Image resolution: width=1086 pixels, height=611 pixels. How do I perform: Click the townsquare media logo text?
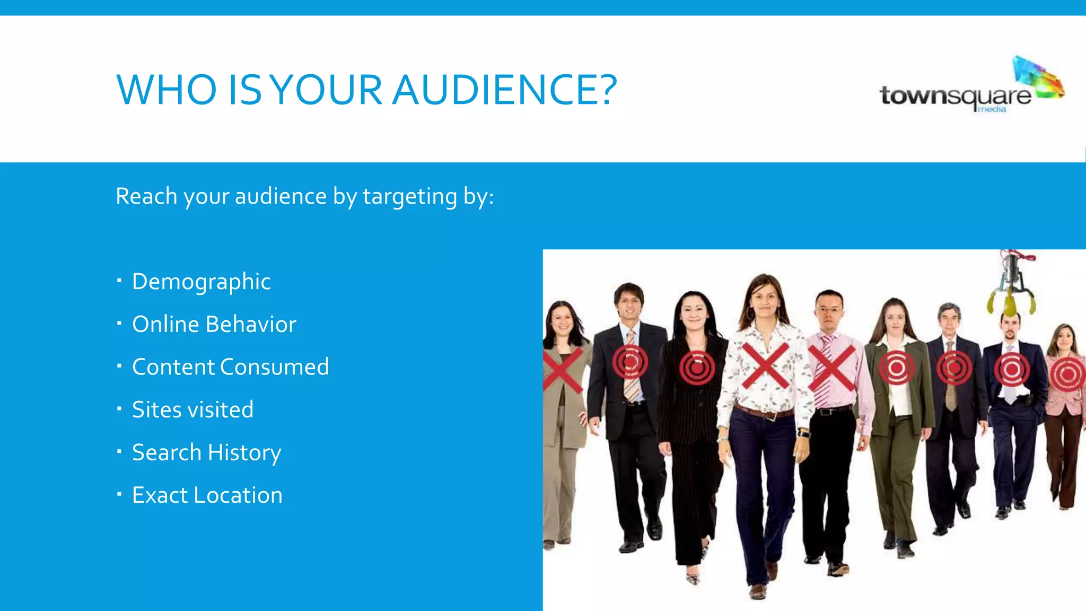955,97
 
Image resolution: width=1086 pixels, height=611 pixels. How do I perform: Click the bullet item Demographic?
201,282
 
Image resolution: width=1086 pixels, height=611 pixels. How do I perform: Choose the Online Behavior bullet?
214,324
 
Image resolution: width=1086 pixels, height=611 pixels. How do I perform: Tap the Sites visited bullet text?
192,409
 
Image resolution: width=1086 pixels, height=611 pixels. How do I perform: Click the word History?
244,452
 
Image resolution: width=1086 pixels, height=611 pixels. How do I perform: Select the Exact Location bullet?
207,495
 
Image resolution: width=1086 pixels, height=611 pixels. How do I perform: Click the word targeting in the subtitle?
409,197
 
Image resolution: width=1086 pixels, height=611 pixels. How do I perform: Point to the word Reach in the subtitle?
146,196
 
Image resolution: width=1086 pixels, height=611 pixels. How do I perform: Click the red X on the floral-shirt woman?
765,365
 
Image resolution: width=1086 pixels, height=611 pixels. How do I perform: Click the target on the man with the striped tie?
630,362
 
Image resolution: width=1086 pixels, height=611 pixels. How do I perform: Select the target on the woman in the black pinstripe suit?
697,367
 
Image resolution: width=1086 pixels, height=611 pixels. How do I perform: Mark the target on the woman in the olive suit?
896,368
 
